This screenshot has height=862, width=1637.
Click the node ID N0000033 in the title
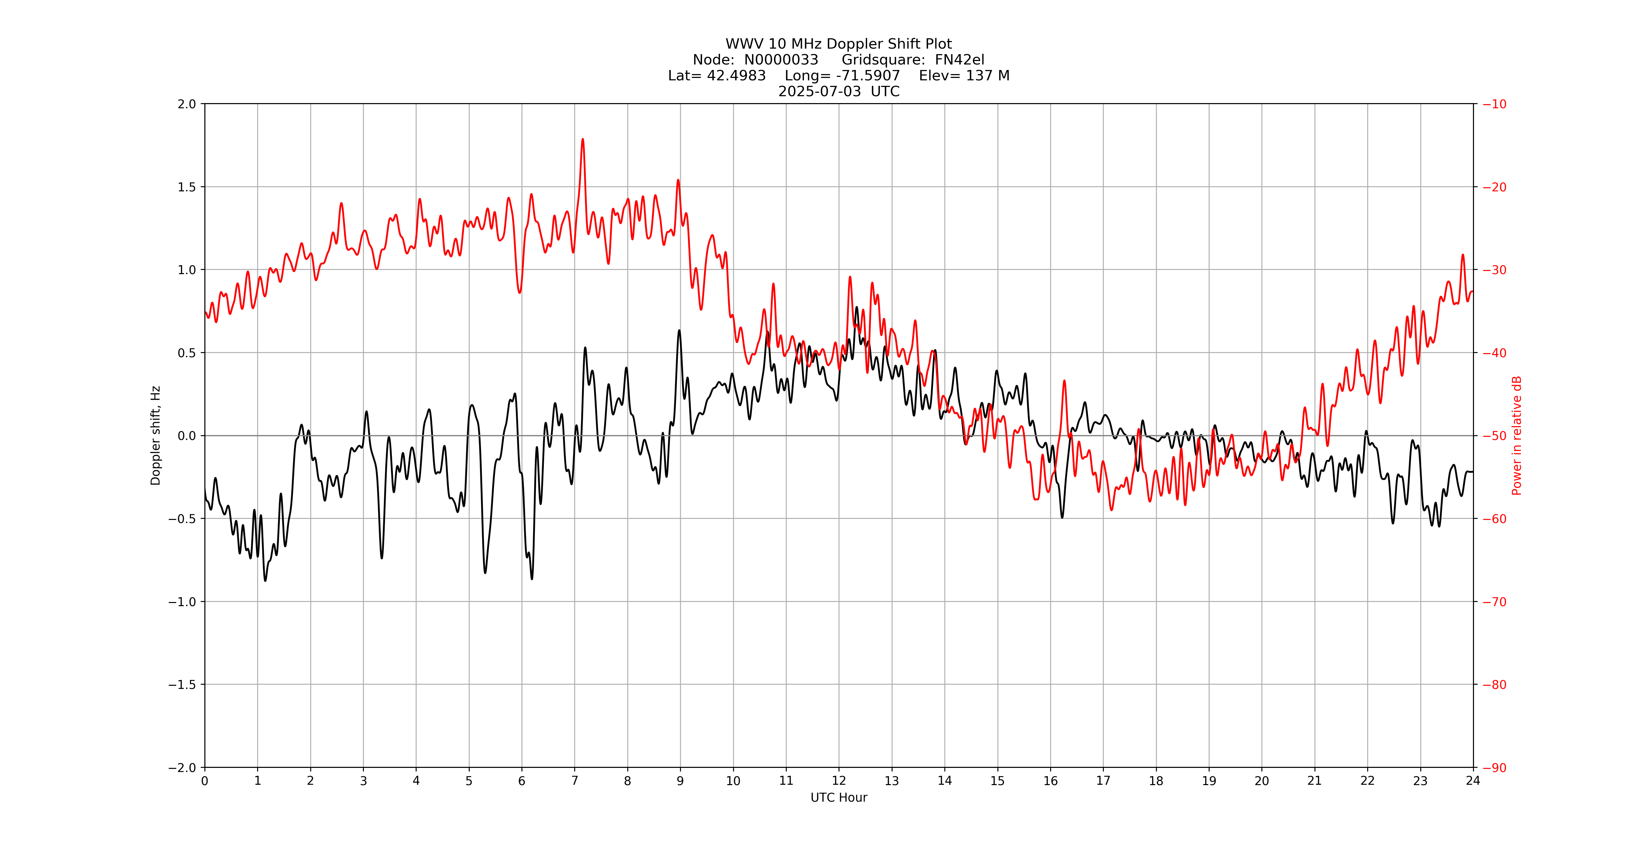(x=781, y=60)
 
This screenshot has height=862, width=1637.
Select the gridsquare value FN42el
(x=959, y=60)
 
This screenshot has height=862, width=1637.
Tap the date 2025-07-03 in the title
(x=819, y=91)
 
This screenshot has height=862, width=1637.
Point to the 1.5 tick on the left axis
(x=187, y=187)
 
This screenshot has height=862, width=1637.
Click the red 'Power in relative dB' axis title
(x=1517, y=435)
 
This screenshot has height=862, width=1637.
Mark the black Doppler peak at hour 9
(x=679, y=331)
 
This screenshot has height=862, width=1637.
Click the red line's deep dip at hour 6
(x=519, y=292)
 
